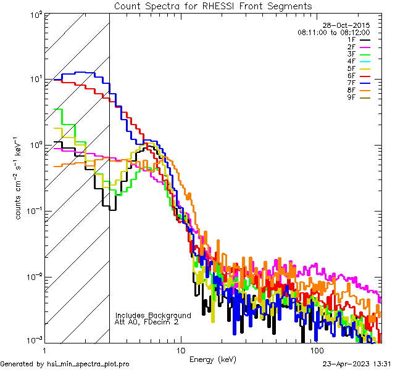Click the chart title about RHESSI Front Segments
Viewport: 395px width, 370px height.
[x=213, y=6]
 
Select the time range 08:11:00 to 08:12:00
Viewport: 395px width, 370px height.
[x=333, y=32]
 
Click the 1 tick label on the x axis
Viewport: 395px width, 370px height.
[x=44, y=350]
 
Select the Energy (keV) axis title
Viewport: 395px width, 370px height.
[x=213, y=359]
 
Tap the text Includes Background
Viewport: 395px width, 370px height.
[x=153, y=315]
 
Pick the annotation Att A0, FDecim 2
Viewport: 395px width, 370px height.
[x=148, y=322]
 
